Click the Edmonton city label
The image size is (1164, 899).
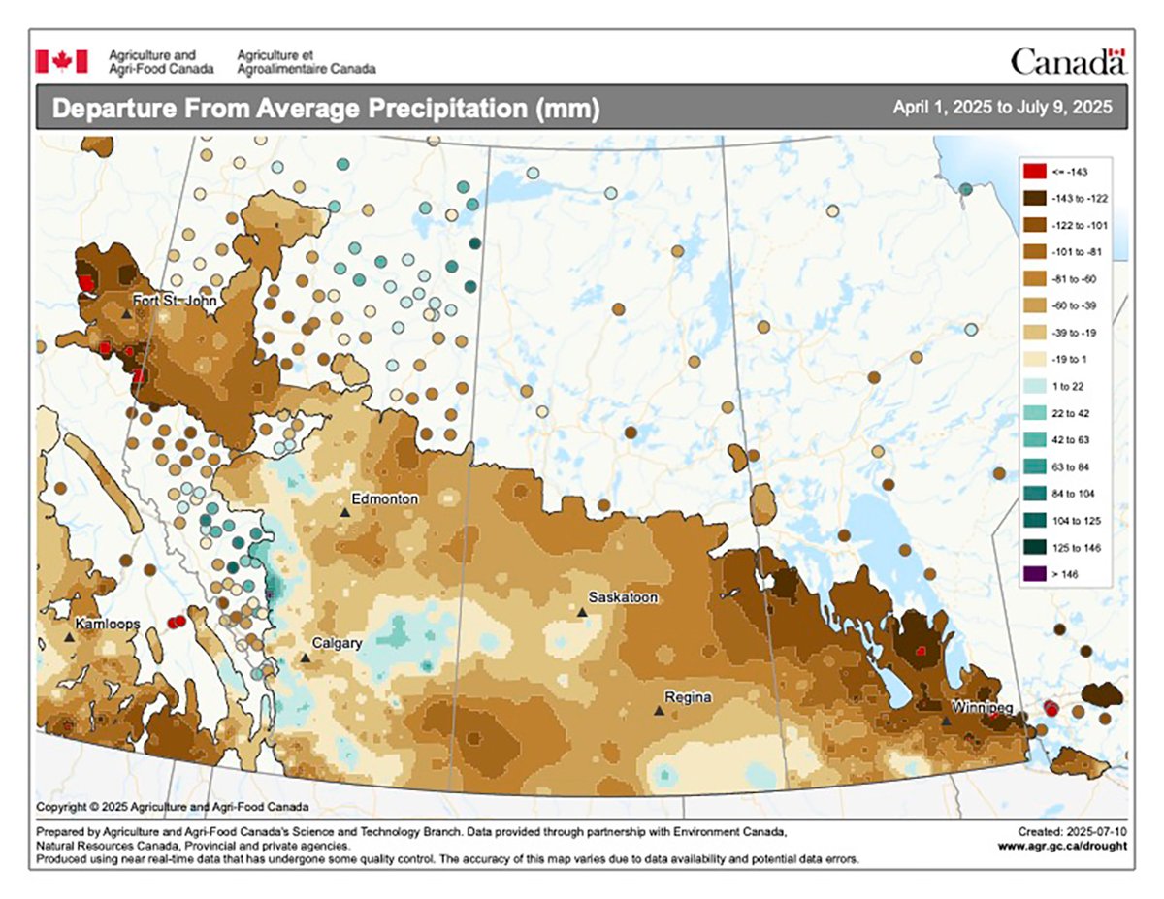tap(384, 498)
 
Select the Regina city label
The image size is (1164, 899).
tap(688, 697)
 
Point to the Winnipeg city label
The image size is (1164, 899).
tap(982, 706)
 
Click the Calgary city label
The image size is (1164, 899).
tap(337, 643)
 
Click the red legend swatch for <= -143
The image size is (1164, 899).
tap(1034, 171)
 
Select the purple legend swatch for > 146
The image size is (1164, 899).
tap(1034, 574)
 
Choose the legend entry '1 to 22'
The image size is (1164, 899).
tap(1068, 386)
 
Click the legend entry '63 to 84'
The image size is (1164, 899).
tap(1071, 466)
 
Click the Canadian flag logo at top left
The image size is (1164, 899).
tap(61, 61)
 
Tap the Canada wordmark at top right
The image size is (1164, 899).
tap(1068, 62)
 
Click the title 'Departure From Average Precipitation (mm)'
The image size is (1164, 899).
tap(325, 109)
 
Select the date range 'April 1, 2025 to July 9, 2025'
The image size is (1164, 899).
tap(1002, 108)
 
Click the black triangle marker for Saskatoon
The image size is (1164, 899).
tap(582, 612)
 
